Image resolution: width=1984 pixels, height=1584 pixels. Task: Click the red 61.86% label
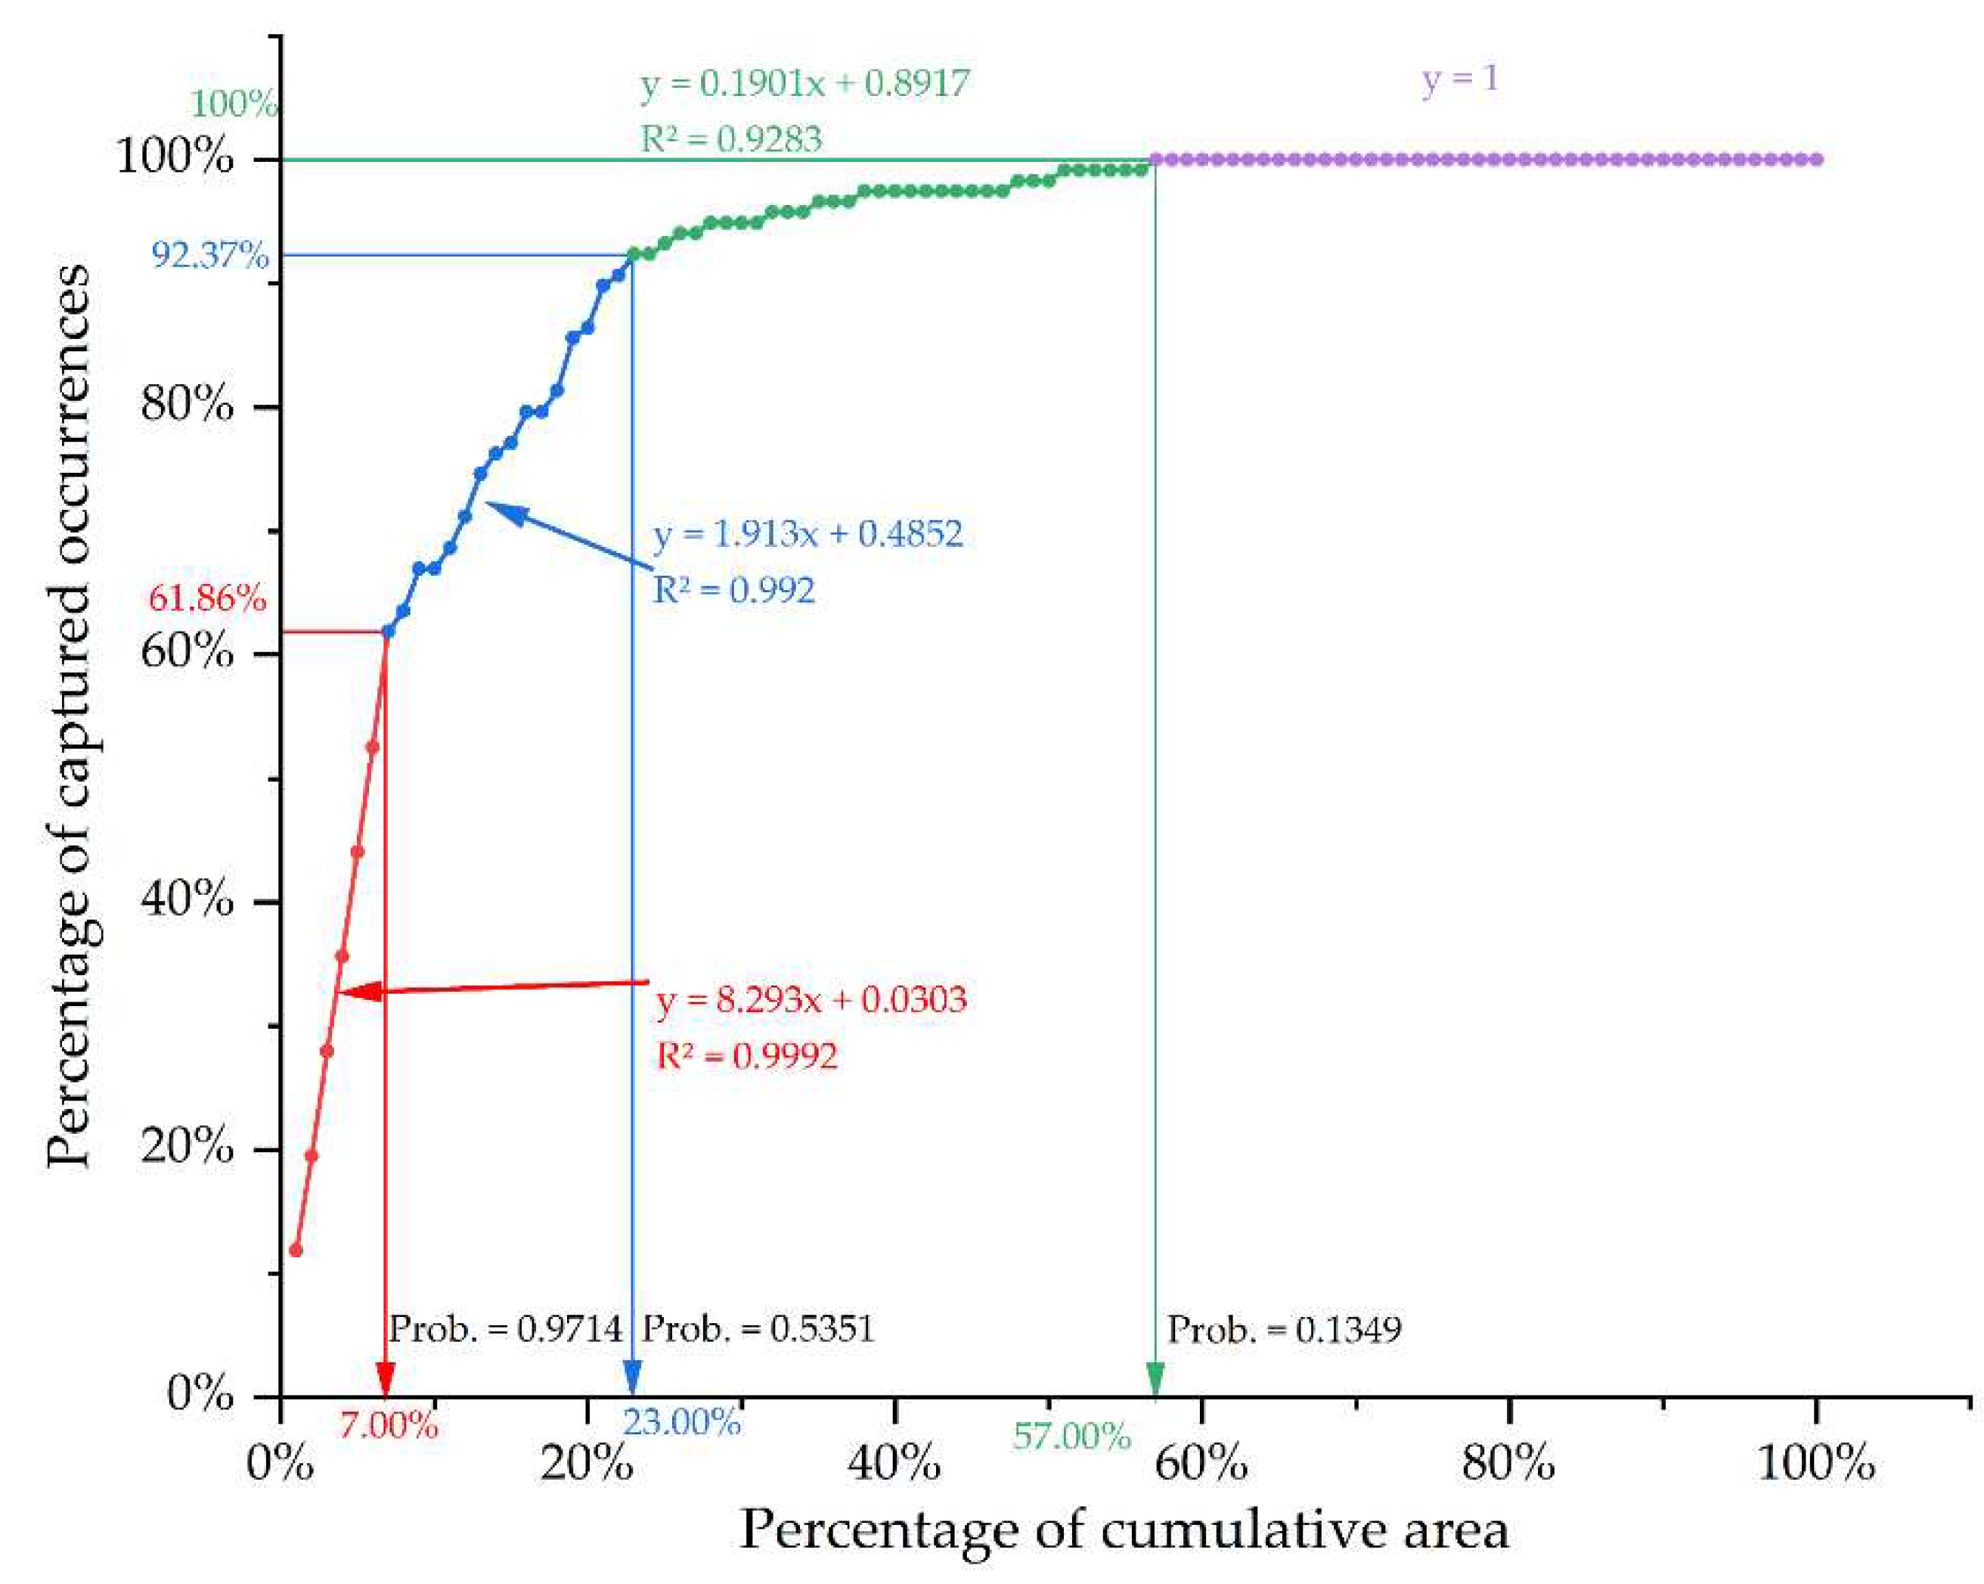tap(207, 599)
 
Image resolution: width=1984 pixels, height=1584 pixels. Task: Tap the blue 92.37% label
tap(209, 255)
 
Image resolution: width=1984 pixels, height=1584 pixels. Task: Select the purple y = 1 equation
tap(1459, 79)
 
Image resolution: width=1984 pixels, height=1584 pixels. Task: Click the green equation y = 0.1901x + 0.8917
tap(805, 84)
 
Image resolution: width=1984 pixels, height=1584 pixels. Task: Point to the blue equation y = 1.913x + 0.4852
tap(808, 534)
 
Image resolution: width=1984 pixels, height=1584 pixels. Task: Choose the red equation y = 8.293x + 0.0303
tap(811, 999)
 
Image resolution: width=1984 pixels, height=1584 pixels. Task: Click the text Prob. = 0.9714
tap(505, 1329)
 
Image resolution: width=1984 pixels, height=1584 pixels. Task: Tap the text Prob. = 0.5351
tap(758, 1329)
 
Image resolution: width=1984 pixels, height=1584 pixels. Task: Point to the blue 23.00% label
tap(682, 1423)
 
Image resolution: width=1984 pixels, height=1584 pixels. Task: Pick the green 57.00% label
tap(1071, 1436)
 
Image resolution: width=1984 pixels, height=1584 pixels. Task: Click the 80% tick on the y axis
tap(188, 404)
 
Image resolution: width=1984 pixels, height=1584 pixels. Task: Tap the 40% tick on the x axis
tap(894, 1462)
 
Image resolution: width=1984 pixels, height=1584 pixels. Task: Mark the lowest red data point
tap(296, 1250)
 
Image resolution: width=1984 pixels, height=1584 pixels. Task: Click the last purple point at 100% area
tap(1815, 159)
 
